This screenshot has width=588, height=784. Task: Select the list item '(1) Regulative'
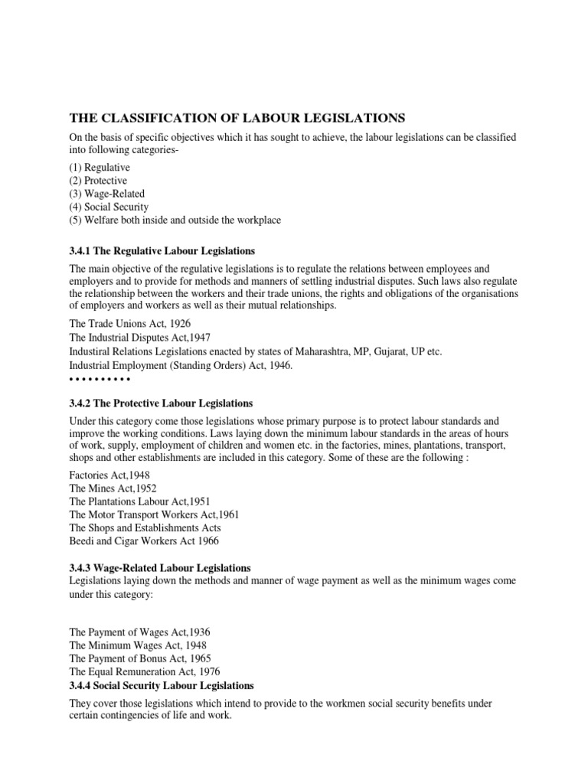[x=100, y=166]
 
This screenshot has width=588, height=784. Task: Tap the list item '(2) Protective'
[x=99, y=180]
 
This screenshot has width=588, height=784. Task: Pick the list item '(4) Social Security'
[x=109, y=207]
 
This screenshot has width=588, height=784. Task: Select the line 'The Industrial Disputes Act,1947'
[x=140, y=338]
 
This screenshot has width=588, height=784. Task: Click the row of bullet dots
[x=100, y=379]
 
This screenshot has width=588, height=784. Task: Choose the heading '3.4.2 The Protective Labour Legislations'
[x=161, y=403]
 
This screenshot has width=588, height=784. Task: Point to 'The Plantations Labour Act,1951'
[x=140, y=501]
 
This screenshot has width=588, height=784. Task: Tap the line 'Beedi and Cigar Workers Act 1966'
[x=144, y=541]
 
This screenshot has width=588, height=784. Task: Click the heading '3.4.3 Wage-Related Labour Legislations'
[x=160, y=568]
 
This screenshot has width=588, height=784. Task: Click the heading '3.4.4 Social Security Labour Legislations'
[x=162, y=685]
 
